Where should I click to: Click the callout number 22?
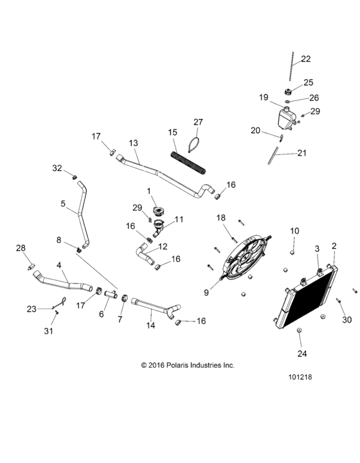coord(305,59)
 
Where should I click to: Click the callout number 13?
coord(134,142)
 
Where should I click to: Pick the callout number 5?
coord(63,204)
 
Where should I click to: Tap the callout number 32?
coord(57,168)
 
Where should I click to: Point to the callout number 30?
coord(346,320)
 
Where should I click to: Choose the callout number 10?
coord(294,230)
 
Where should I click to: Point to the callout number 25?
coord(308,82)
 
